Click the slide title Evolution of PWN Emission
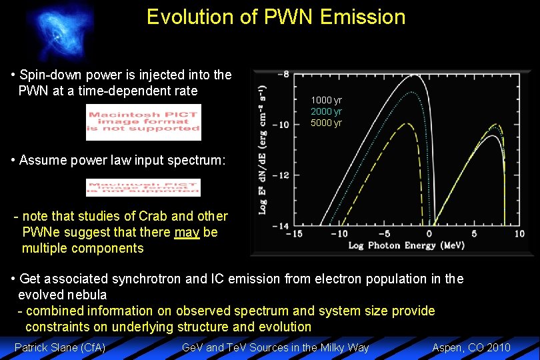[x=276, y=17]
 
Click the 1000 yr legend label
[x=326, y=100]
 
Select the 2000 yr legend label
[x=326, y=111]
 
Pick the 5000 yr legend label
[x=326, y=123]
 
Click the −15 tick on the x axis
[x=294, y=234]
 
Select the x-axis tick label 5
[x=475, y=234]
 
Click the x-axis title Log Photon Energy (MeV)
[x=407, y=246]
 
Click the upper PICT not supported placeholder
[x=143, y=123]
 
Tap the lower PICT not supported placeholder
[x=143, y=187]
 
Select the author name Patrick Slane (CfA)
[x=60, y=347]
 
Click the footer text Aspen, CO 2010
[x=471, y=347]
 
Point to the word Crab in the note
[x=153, y=216]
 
